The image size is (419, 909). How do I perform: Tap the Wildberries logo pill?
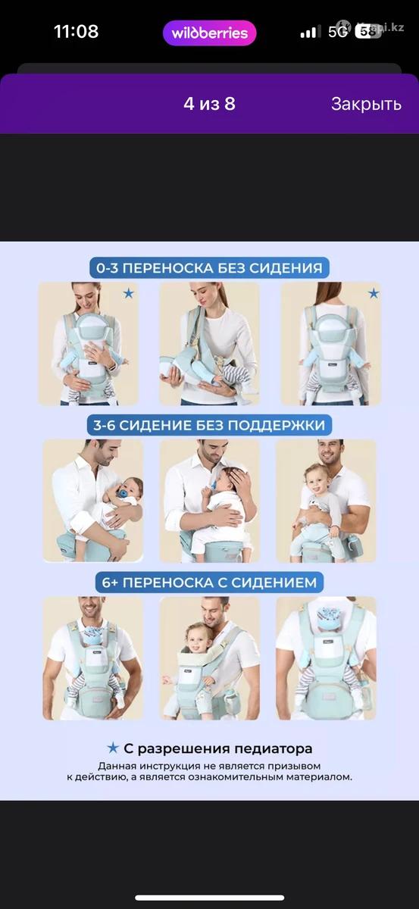[209, 33]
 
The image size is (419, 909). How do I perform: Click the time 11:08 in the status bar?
[77, 31]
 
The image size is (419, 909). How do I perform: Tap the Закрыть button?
[366, 104]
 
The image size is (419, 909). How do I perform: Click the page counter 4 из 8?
[209, 104]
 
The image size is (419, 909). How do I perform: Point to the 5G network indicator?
[338, 32]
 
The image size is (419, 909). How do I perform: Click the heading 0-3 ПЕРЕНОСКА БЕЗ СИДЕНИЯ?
[209, 268]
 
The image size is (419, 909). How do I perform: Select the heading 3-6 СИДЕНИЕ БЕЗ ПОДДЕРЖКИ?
[209, 425]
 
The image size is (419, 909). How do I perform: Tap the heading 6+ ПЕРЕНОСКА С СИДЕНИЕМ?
[209, 583]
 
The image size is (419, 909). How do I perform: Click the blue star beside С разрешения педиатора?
[113, 748]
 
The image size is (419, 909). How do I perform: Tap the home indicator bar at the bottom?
[209, 898]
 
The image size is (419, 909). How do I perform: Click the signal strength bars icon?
[308, 32]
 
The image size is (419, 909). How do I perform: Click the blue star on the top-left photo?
[129, 293]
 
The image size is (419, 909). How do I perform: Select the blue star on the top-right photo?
[374, 293]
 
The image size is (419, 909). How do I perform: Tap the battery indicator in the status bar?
[368, 32]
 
